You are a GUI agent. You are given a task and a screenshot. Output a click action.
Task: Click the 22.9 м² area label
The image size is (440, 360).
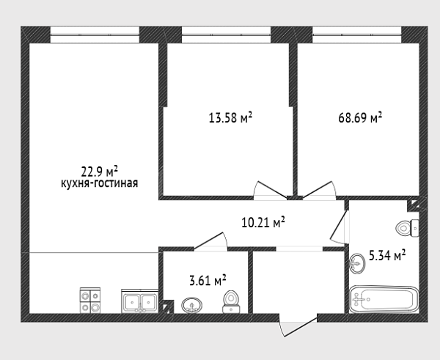99,171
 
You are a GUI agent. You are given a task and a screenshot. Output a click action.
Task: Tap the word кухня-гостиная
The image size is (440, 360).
99,183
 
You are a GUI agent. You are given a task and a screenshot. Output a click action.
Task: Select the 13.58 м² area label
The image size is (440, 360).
230,117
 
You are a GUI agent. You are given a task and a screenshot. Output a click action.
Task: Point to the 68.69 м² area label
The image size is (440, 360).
360,117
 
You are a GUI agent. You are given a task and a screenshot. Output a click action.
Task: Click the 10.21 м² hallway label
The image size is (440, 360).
263,222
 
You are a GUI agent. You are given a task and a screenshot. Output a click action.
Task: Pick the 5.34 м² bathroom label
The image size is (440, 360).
387,256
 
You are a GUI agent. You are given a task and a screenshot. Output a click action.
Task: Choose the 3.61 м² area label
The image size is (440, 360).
208,280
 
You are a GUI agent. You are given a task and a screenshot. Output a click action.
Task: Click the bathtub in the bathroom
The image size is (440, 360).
384,299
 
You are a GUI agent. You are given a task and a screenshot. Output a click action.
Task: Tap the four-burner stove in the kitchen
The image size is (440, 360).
90,300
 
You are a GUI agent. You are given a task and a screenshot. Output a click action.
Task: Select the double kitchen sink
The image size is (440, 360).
140,301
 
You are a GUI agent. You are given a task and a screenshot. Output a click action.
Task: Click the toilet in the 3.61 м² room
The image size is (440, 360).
231,302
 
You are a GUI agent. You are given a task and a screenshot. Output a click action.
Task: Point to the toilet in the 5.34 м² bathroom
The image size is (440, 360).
408,227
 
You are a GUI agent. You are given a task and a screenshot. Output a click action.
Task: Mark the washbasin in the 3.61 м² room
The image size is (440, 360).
192,305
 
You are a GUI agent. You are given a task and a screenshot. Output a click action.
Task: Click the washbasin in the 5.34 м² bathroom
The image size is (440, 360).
358,263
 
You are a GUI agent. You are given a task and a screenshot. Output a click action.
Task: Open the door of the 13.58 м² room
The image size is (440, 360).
270,191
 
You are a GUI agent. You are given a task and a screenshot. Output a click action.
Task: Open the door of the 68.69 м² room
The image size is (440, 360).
319,191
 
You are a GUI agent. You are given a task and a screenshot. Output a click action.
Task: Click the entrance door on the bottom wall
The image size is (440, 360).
298,326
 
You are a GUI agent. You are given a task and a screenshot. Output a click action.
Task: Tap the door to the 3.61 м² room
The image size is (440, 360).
210,241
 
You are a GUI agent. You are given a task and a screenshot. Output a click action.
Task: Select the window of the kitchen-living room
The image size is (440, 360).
95,34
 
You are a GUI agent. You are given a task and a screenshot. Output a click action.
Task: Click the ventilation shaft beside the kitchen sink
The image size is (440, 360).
169,306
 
